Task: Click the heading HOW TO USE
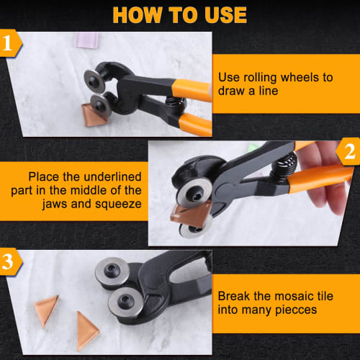coord(180,14)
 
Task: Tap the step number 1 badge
coord(11,43)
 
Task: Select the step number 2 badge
coord(349,153)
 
